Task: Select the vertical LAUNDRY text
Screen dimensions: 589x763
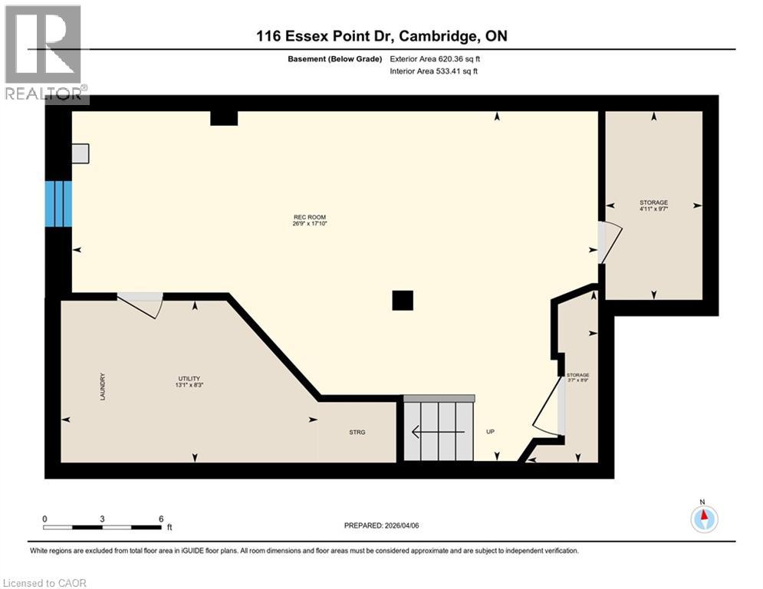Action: coord(101,386)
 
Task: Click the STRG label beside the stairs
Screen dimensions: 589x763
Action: coord(357,433)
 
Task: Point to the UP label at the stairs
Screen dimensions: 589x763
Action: coord(490,432)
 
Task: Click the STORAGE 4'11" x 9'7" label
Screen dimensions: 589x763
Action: coord(653,206)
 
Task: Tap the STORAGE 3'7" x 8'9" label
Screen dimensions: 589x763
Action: coord(577,377)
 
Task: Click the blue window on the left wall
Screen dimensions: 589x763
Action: coord(58,204)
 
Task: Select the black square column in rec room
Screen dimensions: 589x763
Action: coord(403,300)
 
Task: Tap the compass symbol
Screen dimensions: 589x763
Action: coord(703,518)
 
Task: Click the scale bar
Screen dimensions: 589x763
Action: coord(103,527)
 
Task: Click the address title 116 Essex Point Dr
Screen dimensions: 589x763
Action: coord(381,36)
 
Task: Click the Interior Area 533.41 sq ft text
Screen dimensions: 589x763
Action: coord(435,71)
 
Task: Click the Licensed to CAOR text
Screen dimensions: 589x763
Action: coord(46,583)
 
